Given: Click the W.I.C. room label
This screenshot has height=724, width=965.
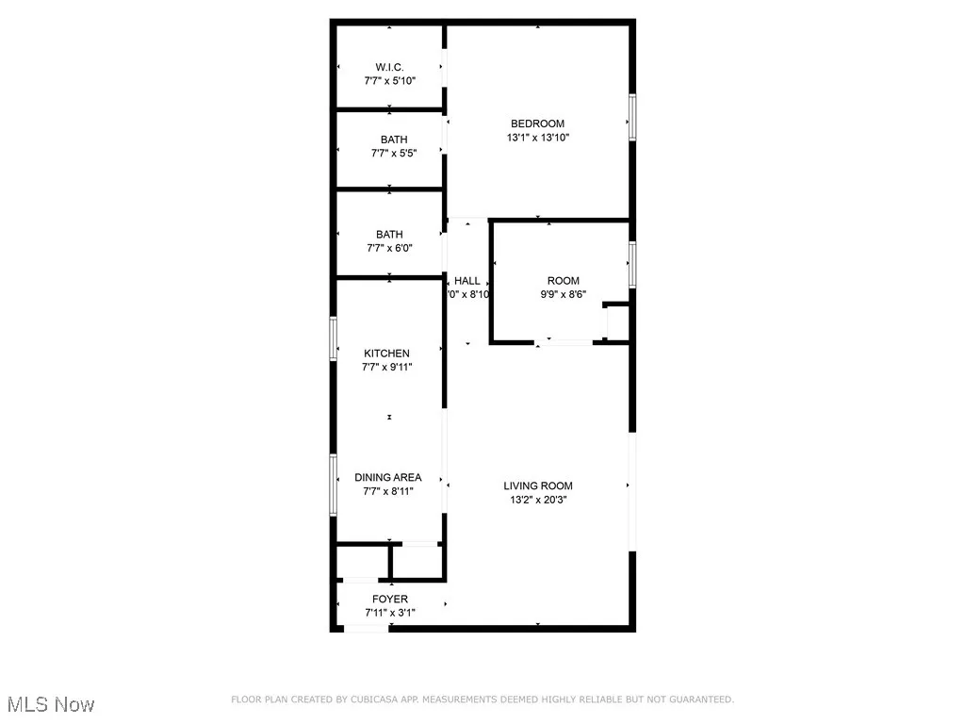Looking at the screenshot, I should tap(390, 68).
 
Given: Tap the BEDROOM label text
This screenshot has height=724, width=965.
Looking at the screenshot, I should tap(537, 123).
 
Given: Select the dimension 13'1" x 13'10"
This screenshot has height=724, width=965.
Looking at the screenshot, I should tap(537, 138).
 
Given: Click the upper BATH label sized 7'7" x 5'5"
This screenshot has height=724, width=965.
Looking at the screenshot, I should tap(390, 140).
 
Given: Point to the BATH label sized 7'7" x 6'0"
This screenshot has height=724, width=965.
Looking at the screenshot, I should tap(389, 235).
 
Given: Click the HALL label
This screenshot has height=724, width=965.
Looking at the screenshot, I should tap(467, 281).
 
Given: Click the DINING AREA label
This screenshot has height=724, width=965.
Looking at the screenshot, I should tap(388, 477).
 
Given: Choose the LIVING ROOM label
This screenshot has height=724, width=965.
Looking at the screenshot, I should tap(537, 486).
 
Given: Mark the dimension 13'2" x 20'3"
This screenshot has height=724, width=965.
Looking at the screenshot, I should tap(537, 501).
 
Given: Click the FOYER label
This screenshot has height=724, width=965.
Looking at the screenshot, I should tap(390, 600).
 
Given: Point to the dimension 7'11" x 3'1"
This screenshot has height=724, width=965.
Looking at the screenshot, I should tap(390, 614).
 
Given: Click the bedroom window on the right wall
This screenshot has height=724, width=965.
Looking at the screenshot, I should tap(633, 117).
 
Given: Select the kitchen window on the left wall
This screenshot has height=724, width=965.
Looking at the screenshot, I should tap(333, 338).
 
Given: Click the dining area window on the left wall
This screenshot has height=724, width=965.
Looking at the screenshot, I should tap(333, 485).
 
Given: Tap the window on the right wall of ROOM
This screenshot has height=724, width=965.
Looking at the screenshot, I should tap(633, 264).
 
